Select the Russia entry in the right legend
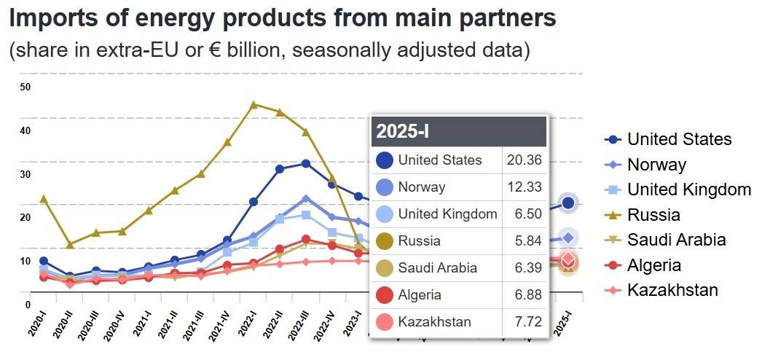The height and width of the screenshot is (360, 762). pos(653,214)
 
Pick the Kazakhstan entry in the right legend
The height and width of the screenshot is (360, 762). pos(672,290)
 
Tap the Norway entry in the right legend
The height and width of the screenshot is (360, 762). pos(656,165)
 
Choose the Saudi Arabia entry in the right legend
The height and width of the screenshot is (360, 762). pos(676,240)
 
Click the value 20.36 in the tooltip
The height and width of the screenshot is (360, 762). pos(524,160)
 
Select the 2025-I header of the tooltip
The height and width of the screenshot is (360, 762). pos(402,132)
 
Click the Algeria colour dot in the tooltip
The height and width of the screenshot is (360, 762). pos(385,294)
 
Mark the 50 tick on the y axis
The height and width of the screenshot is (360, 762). pos(25,87)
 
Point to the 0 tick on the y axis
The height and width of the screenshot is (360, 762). pos(28,305)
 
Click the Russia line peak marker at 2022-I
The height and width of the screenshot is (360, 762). pos(254,104)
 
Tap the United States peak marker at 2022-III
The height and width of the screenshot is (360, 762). pos(306,163)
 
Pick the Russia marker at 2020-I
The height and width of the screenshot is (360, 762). pos(44,198)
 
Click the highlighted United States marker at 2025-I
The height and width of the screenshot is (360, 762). pos(569,203)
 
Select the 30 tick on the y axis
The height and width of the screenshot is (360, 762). pos(25,174)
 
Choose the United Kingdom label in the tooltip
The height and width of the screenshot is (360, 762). pos(447,214)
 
